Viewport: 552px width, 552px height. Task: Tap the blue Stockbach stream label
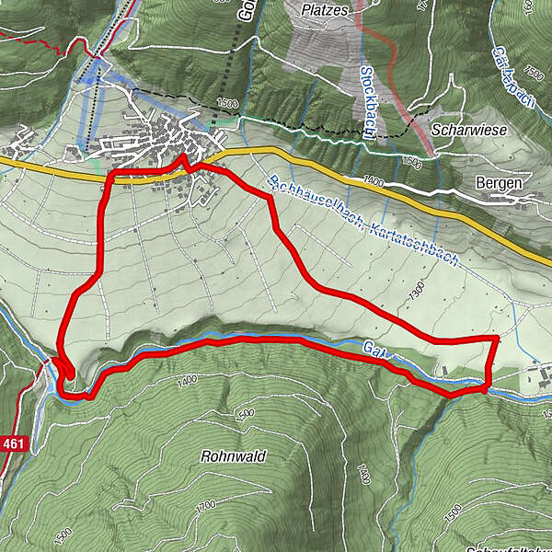point(365,100)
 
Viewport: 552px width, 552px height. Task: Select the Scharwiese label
point(474,132)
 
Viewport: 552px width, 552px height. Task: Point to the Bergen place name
point(500,183)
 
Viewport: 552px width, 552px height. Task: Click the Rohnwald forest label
point(233,456)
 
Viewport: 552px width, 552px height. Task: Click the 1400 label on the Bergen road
point(373,182)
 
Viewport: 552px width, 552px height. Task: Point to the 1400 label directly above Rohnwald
point(188,380)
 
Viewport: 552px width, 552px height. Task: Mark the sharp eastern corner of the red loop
point(498,339)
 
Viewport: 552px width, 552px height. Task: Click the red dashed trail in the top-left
point(37,40)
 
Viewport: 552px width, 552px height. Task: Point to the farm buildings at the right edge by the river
point(534,374)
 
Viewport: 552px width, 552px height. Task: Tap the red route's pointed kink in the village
point(181,157)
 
